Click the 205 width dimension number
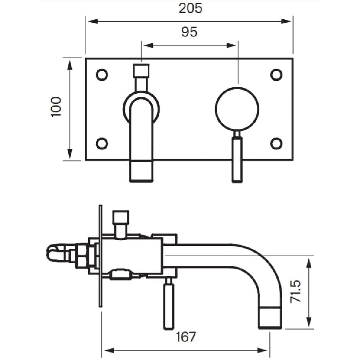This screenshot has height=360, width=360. [x=190, y=8]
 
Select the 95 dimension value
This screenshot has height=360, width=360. [x=189, y=32]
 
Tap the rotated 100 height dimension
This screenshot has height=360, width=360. [x=56, y=107]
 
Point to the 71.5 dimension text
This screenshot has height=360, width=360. [x=295, y=291]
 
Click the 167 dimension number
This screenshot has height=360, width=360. [x=186, y=337]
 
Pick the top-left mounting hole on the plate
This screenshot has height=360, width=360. [x=102, y=75]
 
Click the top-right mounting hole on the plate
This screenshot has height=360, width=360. [x=276, y=75]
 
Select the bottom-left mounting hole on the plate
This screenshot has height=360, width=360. [x=102, y=143]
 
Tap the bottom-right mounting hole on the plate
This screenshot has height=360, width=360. [x=276, y=143]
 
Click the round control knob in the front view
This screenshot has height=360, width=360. [x=237, y=109]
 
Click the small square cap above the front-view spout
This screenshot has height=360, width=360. [x=141, y=70]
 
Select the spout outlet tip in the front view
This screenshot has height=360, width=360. [x=141, y=171]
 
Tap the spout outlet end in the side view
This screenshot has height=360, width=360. [x=270, y=318]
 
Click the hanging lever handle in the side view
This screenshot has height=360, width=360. [x=169, y=307]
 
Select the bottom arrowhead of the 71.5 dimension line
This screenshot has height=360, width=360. [x=309, y=321]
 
